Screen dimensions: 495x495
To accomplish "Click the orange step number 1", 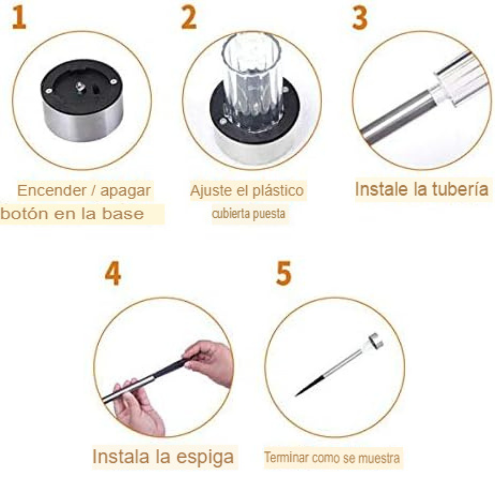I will click(19, 18).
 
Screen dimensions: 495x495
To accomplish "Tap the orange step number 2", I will click(189, 18).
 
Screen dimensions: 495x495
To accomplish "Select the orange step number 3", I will click(360, 18).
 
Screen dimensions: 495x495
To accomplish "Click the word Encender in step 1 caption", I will click(52, 191).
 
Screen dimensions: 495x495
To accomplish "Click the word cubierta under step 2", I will click(229, 214).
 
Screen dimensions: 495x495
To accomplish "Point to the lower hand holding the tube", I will click(136, 408).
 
